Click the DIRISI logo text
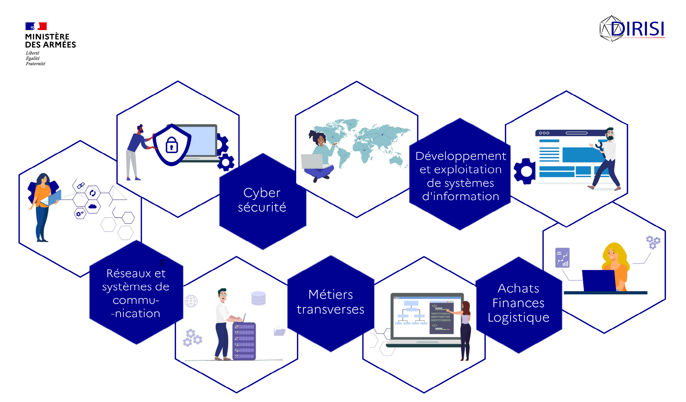point(637,29)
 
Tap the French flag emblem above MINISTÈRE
point(36,26)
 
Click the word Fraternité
point(35,64)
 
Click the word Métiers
point(330,294)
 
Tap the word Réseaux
point(128,273)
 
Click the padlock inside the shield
point(172,145)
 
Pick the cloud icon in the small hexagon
point(92,206)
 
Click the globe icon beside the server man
point(191,301)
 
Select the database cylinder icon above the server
point(258,298)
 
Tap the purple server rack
point(244,341)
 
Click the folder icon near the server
point(279,331)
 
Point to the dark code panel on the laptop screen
point(441,318)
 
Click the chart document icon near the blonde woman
point(562,258)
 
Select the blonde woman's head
point(613,253)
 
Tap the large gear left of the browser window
point(524,171)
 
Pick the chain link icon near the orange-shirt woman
point(81,186)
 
